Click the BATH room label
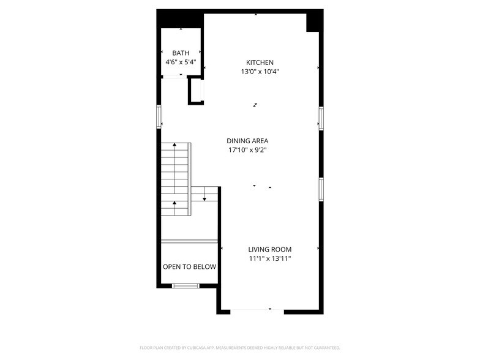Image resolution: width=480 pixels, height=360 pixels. [x=181, y=53]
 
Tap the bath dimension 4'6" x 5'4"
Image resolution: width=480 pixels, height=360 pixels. [x=181, y=62]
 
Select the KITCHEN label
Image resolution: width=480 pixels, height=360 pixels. [x=260, y=62]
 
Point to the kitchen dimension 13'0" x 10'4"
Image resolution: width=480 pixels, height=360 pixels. [x=260, y=72]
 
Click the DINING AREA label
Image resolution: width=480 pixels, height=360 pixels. [x=247, y=141]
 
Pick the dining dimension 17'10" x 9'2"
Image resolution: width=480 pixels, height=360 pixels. [x=247, y=150]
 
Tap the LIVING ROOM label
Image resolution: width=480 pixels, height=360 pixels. [x=269, y=249]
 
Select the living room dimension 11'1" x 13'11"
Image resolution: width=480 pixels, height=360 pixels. [x=269, y=258]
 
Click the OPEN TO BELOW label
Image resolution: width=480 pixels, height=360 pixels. [x=189, y=267]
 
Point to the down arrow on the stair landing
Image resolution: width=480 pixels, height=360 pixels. [x=204, y=197]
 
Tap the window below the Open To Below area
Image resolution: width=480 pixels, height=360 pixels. [x=186, y=285]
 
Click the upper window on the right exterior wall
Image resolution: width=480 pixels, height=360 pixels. [x=320, y=118]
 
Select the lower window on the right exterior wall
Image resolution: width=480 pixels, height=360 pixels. [x=320, y=189]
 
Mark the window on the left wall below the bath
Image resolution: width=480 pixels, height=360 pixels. [x=159, y=116]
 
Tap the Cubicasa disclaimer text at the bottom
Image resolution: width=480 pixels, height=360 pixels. [x=240, y=347]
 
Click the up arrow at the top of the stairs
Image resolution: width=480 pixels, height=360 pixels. [x=174, y=145]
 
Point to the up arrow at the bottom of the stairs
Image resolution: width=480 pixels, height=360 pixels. [x=174, y=203]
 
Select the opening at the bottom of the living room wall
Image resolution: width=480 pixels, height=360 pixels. [x=257, y=312]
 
